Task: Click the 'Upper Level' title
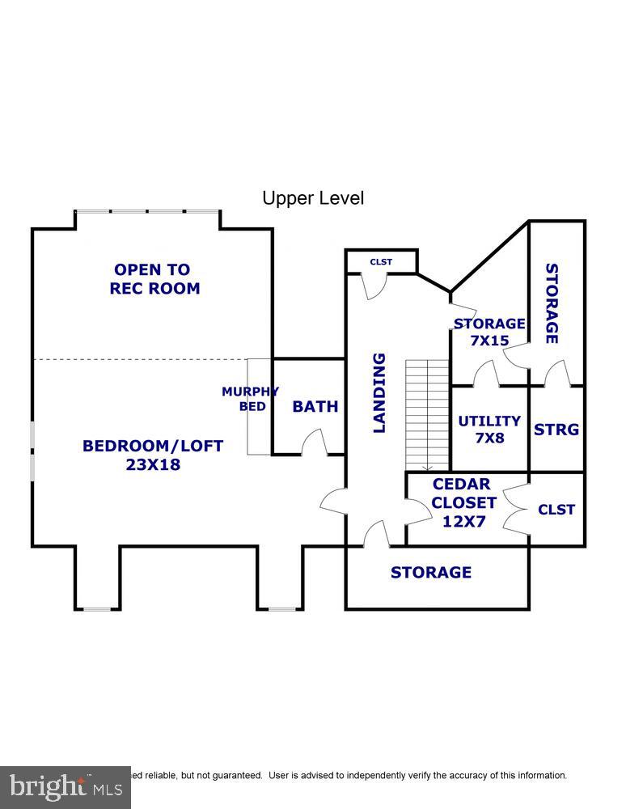point(313,198)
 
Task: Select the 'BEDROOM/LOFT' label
point(153,446)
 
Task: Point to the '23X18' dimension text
point(153,465)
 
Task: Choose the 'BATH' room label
point(315,406)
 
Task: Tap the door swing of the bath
point(313,442)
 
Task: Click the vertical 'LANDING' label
point(379,392)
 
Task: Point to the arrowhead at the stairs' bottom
point(426,467)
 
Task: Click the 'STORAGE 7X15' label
point(489,332)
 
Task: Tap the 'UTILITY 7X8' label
point(489,429)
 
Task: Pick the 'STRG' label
point(556,430)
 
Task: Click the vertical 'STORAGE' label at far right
point(552,303)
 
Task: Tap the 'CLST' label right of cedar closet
point(556,510)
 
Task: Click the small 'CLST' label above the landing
point(381,262)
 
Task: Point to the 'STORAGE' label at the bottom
point(430,573)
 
